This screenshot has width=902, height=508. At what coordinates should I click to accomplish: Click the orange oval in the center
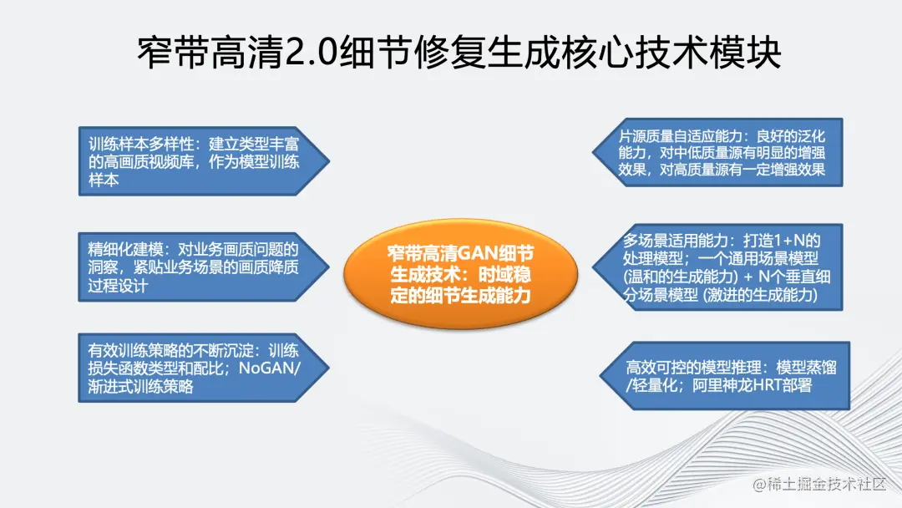461,273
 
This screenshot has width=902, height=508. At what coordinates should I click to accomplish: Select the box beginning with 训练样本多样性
204,161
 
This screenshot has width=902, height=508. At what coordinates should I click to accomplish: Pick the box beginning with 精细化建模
204,267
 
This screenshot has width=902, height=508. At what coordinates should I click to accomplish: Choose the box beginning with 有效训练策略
204,368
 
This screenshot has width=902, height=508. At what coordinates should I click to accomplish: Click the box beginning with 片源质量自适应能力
718,152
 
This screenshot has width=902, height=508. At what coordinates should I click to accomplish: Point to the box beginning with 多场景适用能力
718,267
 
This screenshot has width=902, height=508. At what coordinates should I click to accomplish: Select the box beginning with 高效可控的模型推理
725,376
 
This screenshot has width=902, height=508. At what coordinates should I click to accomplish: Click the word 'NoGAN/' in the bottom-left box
269,368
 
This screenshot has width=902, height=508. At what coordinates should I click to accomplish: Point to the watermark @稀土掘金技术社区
820,484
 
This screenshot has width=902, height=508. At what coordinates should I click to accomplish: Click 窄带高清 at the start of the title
210,53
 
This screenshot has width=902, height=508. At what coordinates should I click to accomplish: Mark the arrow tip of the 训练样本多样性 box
329,161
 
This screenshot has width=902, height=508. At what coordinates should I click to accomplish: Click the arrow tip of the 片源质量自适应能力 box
592,152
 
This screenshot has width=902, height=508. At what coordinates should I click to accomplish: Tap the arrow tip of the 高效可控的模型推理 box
600,376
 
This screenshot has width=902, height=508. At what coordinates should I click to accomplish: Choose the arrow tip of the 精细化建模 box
329,267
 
